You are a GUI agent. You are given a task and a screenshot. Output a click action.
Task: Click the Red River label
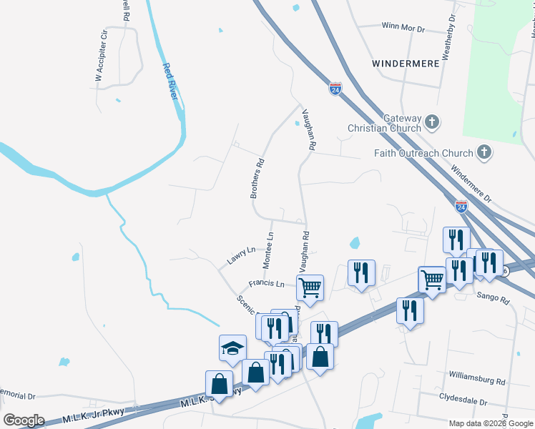[171, 82]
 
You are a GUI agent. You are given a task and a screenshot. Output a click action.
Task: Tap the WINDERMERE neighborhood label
[404, 64]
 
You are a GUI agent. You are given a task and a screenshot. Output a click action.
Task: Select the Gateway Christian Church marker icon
[432, 122]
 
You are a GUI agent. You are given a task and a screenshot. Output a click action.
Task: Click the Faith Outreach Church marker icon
[484, 152]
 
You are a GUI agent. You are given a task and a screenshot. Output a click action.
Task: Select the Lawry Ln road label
[242, 256]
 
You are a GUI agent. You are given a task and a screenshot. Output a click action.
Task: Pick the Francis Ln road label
[266, 284]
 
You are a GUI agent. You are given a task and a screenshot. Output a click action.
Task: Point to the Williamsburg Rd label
[477, 374]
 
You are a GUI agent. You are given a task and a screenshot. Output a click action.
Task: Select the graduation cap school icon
[232, 348]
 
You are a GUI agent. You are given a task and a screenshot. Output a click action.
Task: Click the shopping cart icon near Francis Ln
[310, 288]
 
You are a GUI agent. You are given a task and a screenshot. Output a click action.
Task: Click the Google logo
[24, 420]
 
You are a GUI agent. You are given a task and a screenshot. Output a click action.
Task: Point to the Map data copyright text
[490, 423]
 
